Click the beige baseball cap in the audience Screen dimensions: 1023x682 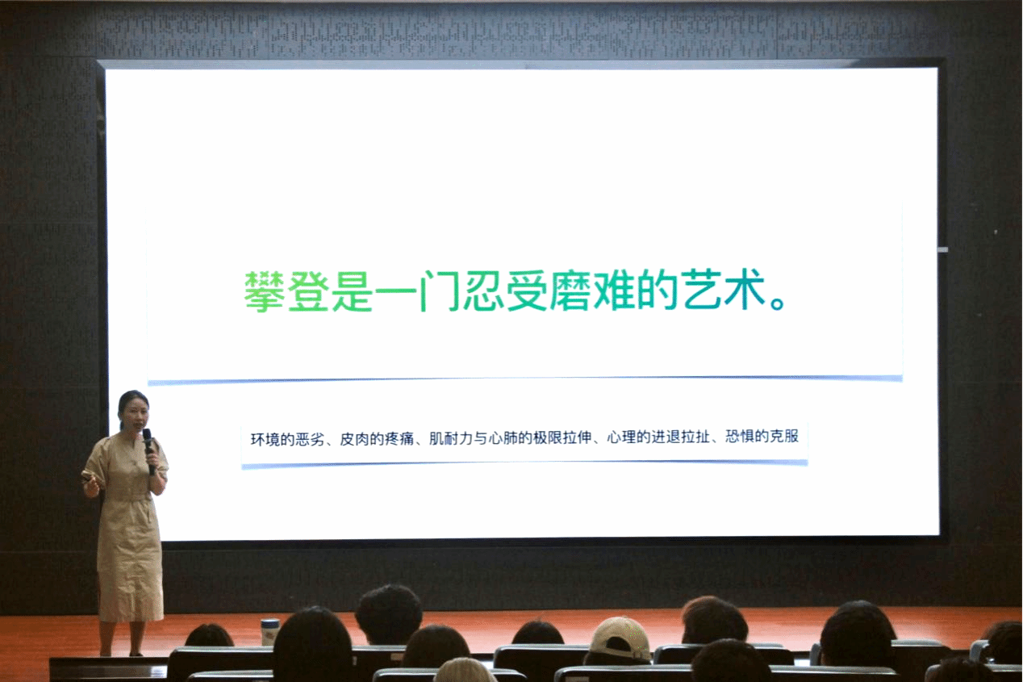point(620,638)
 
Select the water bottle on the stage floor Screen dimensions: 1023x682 point(269,632)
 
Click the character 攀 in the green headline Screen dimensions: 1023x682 point(264,291)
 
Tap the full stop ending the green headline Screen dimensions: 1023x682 point(777,303)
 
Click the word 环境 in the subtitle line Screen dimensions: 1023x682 point(265,439)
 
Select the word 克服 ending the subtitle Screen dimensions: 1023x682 point(784,437)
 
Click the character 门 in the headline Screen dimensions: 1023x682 point(439,291)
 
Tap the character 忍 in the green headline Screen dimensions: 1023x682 point(482,291)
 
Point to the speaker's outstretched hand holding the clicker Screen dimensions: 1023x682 point(91,487)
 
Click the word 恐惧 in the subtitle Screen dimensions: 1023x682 point(740,437)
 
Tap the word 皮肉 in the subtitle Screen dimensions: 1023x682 point(354,439)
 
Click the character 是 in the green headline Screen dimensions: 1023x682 point(352,291)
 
